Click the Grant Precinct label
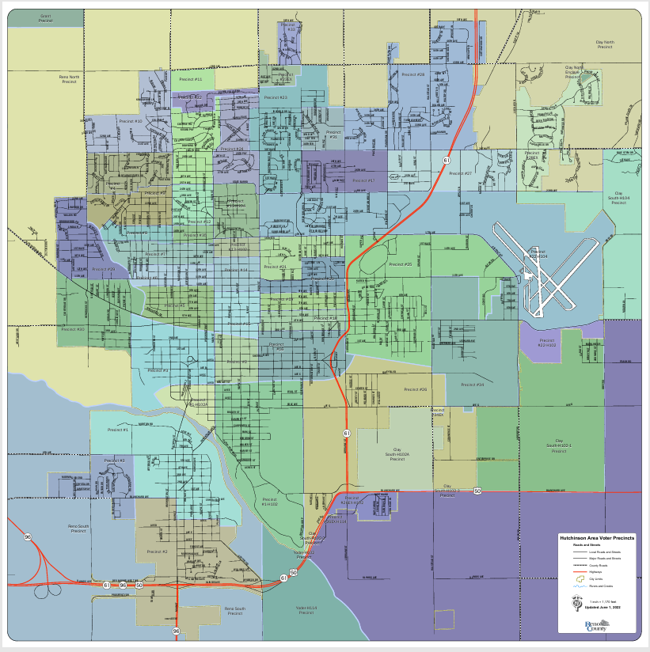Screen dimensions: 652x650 coord(45,18)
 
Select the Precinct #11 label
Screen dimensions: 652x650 coord(191,80)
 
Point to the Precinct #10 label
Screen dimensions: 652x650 coord(131,121)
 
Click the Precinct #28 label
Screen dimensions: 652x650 coord(413,74)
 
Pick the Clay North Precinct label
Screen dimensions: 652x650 coord(606,44)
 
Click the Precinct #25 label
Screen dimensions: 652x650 coord(400,263)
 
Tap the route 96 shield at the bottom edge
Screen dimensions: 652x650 coord(177,631)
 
